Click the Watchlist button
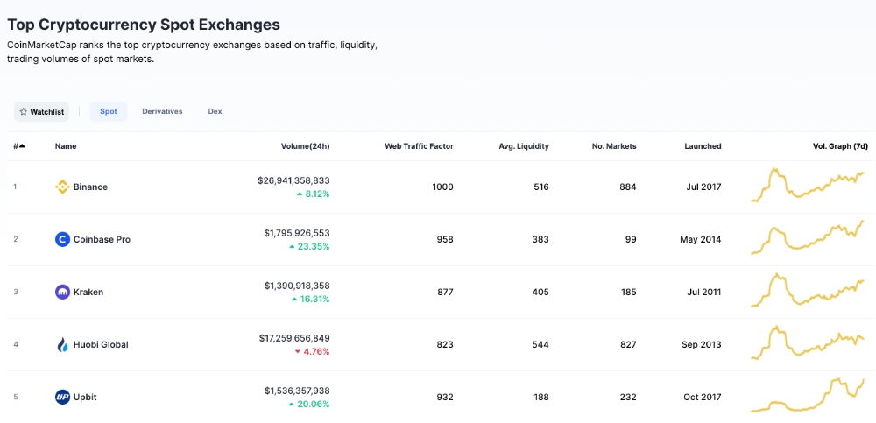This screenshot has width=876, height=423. [41, 112]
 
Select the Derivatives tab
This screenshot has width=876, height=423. [162, 111]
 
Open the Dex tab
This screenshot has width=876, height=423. [215, 111]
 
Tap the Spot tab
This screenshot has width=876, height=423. [109, 111]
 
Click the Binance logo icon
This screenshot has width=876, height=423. [62, 187]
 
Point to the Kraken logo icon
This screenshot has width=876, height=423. [62, 292]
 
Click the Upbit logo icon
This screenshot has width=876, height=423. [62, 397]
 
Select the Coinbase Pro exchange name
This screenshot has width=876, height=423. [102, 239]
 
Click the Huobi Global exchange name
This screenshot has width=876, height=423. [101, 344]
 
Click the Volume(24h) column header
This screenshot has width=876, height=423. [305, 146]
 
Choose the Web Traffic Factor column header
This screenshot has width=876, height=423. [419, 146]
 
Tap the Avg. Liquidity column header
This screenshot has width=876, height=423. [524, 146]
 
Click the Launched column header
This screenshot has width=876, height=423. [703, 146]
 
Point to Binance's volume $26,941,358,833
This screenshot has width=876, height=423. [293, 180]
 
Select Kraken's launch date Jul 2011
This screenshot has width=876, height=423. [703, 292]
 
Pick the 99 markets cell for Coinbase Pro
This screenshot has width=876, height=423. [631, 239]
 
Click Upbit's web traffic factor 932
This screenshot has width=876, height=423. [445, 397]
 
